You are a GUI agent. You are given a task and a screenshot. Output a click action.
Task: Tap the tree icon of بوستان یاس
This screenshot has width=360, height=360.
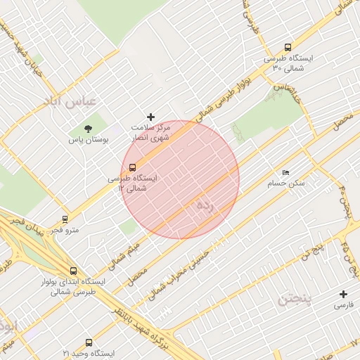88,129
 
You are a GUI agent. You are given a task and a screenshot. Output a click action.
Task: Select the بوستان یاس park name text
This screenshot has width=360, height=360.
89,140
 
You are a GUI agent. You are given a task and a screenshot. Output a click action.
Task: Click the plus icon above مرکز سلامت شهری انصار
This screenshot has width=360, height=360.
150,117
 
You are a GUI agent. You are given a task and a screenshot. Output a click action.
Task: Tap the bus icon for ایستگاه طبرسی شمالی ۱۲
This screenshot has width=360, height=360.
133,167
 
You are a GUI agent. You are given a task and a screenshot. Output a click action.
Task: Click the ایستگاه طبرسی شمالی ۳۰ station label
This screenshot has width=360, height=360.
288,63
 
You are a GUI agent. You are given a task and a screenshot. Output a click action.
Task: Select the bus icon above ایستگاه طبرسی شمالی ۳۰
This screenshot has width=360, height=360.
288,47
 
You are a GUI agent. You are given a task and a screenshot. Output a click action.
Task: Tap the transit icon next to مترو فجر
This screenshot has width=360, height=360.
65,219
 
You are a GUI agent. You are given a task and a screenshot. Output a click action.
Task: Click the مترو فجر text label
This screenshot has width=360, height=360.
65,230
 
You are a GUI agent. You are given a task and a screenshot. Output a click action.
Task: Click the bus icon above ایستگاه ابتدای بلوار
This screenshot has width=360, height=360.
74,271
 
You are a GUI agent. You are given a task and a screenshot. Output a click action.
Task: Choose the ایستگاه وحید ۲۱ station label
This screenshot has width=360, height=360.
87,352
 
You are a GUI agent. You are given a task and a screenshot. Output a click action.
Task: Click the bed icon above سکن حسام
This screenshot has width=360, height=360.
285,172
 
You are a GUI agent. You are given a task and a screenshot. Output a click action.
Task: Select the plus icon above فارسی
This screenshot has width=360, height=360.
344,294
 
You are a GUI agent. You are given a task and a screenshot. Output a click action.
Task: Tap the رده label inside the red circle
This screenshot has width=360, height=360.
205,206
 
